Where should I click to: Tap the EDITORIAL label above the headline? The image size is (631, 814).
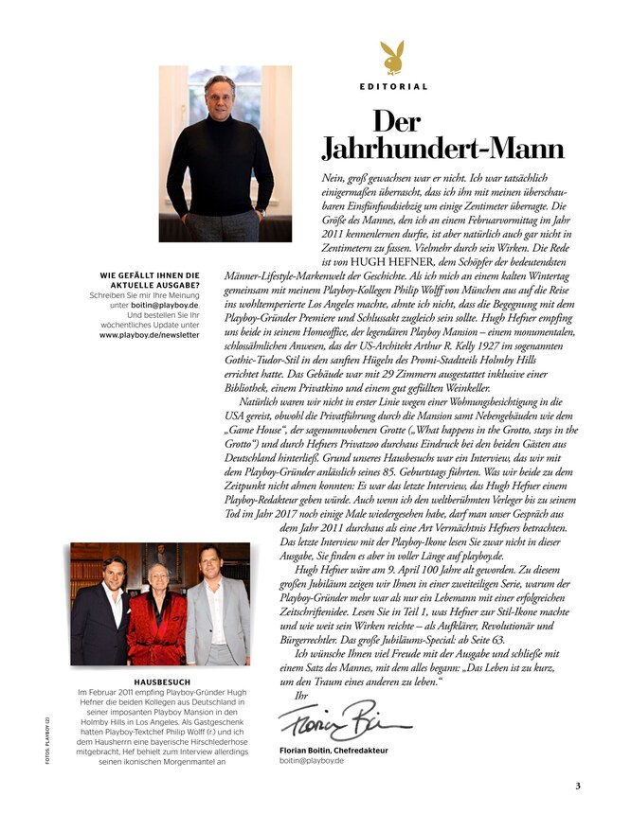pos(393,86)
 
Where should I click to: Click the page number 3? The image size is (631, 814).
pos(578,786)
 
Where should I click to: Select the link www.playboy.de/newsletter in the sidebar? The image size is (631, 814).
pos(149,334)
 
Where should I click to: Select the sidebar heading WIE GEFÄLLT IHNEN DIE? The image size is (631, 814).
pos(150,275)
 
